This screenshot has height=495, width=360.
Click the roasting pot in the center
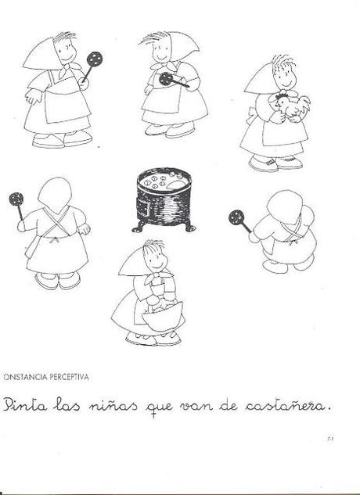tap(163, 199)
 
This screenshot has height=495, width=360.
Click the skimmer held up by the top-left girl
tap(95, 59)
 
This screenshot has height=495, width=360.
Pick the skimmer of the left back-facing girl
tap(16, 199)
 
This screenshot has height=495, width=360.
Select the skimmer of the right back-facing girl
tap(236, 217)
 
